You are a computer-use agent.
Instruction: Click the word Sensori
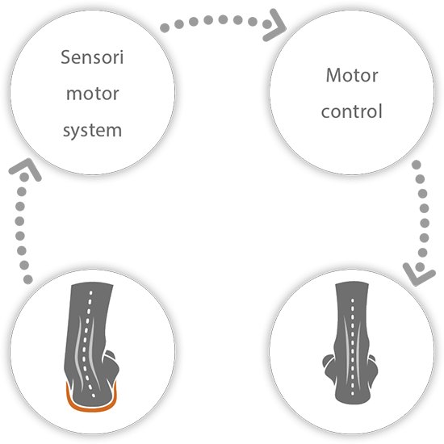click(x=92, y=57)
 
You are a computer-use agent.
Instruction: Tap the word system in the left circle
click(x=92, y=131)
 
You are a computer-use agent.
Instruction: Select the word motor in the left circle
click(x=92, y=94)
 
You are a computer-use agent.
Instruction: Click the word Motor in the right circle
click(x=352, y=75)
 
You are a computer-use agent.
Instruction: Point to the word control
click(x=352, y=111)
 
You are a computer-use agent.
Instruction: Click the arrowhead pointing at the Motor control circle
click(x=274, y=26)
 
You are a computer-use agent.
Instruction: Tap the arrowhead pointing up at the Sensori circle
click(x=25, y=170)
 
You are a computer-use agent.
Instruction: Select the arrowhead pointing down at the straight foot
click(x=419, y=274)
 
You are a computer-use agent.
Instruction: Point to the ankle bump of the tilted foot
click(x=111, y=365)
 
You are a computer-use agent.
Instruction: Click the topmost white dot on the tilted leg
click(x=91, y=292)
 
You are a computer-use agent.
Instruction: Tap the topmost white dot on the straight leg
click(x=353, y=300)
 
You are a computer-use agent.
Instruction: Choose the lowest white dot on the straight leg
click(x=353, y=393)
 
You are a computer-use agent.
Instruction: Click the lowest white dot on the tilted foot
click(x=94, y=396)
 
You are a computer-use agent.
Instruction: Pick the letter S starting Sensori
click(x=65, y=57)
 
